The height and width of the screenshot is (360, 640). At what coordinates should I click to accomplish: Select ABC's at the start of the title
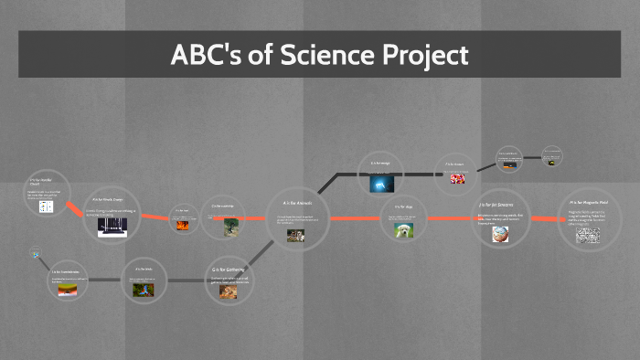(x=201, y=55)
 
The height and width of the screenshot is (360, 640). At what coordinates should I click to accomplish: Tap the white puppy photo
(x=404, y=231)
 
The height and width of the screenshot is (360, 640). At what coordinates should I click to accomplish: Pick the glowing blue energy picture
(x=381, y=184)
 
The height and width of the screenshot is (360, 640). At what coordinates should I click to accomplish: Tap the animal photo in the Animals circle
(x=296, y=235)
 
